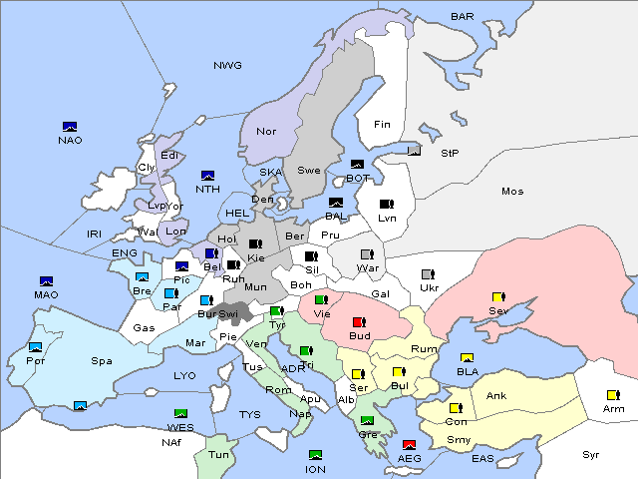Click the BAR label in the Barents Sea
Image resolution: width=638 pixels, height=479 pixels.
coord(463,17)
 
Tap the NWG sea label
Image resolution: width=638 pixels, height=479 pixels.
coord(227,66)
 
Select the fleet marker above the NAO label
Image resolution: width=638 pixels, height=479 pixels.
coord(70,127)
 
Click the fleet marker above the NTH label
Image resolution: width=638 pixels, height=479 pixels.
coord(208,176)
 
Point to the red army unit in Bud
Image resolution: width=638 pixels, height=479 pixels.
coord(358,321)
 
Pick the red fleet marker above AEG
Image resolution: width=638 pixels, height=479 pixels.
coord(409,445)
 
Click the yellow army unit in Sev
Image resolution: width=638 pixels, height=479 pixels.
coord(498,297)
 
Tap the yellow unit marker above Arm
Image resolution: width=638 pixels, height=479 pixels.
coord(611,395)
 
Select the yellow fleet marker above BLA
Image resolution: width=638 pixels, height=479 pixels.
coord(467,358)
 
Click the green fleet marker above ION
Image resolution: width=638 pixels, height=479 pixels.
coord(316,455)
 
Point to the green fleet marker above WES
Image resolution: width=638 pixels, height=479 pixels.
coord(180,414)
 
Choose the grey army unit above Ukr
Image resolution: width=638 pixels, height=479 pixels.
coord(428,274)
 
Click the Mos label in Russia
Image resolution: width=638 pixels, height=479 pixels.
coord(512,191)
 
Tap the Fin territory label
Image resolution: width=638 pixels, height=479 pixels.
coord(381,125)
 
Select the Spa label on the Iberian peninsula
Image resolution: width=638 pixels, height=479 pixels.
coord(102,361)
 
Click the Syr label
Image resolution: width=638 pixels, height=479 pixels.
coord(591,454)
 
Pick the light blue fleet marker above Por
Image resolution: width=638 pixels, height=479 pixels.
coord(36,347)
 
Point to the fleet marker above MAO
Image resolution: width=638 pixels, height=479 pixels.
coord(46,282)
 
